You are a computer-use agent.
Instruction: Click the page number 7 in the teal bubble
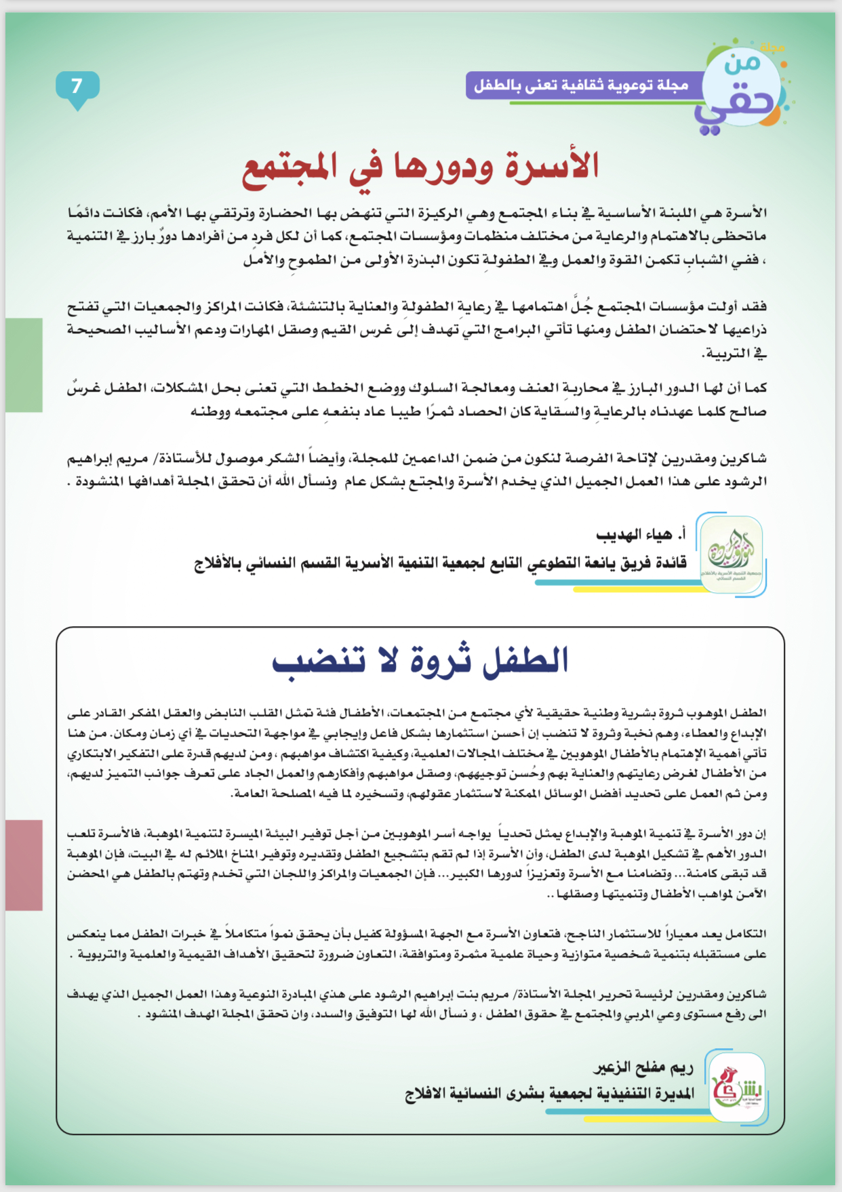pyautogui.click(x=77, y=86)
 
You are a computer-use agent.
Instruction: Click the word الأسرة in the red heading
pyautogui.click(x=548, y=166)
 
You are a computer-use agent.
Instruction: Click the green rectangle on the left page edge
pyautogui.click(x=24, y=365)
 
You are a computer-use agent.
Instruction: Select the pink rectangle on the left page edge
pyautogui.click(x=24, y=865)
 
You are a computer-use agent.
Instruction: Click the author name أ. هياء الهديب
pyautogui.click(x=641, y=535)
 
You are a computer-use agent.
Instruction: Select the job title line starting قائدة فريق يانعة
pyautogui.click(x=441, y=563)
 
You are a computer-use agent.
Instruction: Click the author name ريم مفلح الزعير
pyautogui.click(x=644, y=1069)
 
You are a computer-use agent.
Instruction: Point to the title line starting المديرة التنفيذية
pyautogui.click(x=550, y=1094)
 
